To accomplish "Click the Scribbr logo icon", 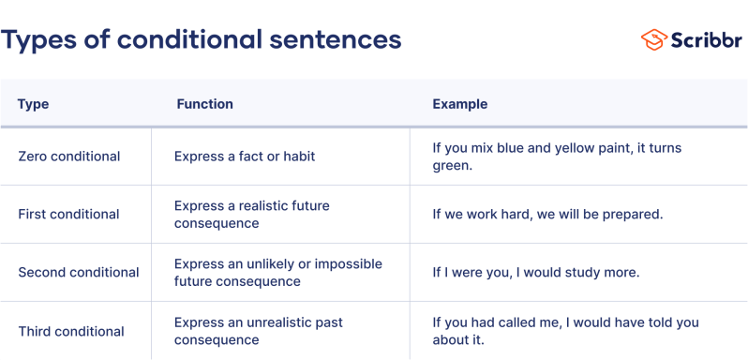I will pos(653,39).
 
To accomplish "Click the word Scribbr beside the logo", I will pos(704,39).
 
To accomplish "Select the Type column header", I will pos(34,104).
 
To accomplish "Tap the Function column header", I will pos(204,104).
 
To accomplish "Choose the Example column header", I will pos(459,104).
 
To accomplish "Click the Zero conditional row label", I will pos(69,157).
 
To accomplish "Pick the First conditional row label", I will pos(68,215).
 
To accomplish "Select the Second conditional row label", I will pos(79,273).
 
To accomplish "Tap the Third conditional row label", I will pos(71,331).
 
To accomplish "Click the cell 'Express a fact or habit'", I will pos(245,157).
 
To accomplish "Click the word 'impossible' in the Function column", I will pos(348,263).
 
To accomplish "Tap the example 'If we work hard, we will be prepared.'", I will pos(547,215).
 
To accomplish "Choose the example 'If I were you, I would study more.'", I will pos(535,273).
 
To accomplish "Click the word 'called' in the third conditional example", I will pos(526,322).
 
